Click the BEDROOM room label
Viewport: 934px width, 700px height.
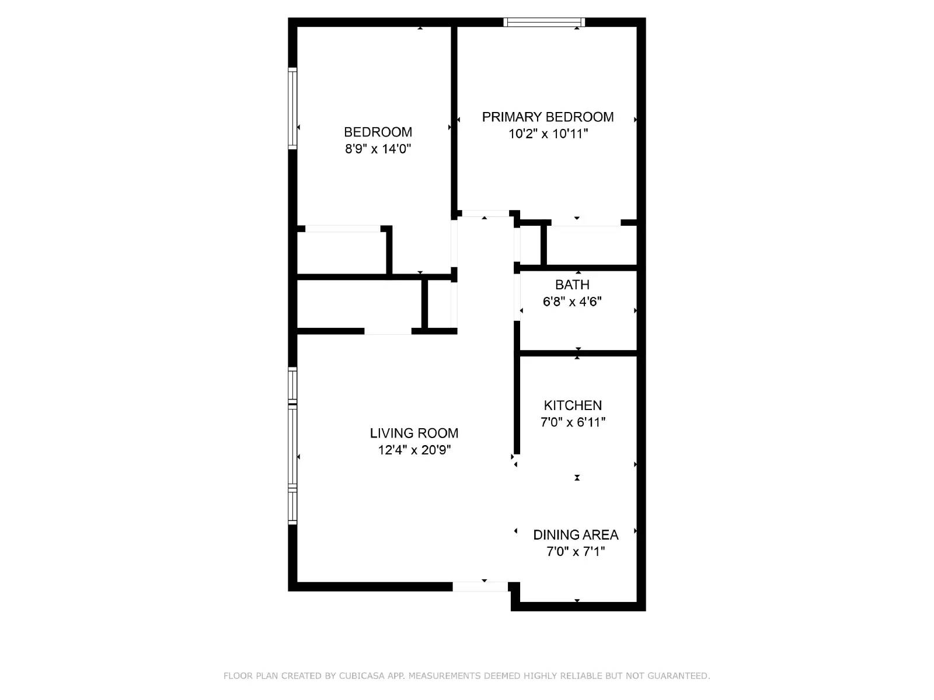378,132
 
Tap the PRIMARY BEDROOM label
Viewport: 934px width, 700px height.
548,117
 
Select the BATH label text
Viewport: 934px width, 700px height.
572,285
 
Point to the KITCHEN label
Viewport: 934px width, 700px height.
573,405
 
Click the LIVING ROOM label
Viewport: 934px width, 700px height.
414,433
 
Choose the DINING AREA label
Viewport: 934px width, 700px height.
576,535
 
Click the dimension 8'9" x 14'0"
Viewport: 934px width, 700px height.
378,149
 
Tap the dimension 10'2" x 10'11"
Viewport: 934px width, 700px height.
548,134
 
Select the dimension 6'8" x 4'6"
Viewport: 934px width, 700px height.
572,302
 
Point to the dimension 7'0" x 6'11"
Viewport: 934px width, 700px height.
573,422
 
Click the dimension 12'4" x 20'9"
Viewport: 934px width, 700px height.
414,450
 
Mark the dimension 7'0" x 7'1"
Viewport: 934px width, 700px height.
576,552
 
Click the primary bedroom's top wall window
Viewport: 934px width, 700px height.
544,23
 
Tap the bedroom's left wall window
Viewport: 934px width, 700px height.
292,108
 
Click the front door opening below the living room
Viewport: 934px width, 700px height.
480,586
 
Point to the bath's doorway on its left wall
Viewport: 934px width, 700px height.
517,297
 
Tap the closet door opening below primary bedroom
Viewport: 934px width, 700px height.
586,222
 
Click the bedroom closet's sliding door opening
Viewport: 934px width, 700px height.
343,229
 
